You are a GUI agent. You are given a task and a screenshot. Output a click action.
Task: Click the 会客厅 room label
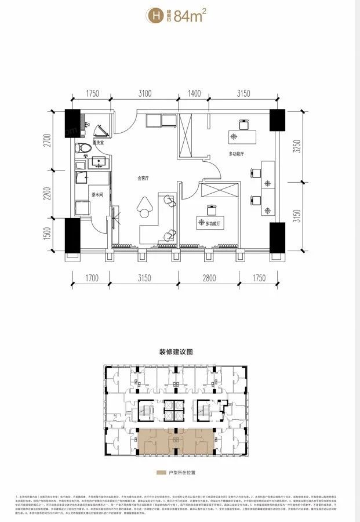[x=144, y=179]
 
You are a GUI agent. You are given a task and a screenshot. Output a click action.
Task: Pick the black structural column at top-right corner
[x=277, y=121]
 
